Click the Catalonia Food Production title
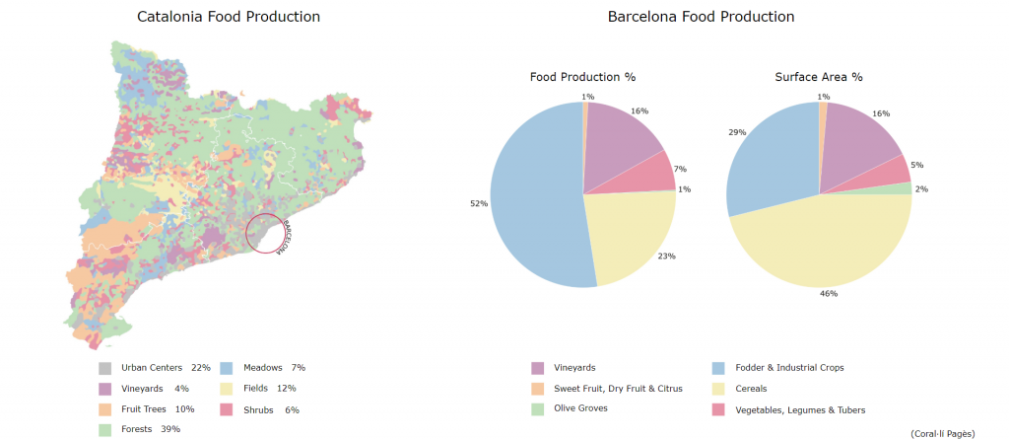pyautogui.click(x=229, y=17)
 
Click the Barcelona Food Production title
pyautogui.click(x=701, y=17)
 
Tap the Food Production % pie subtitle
pyautogui.click(x=582, y=77)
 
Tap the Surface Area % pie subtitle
pyautogui.click(x=819, y=77)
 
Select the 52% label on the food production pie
pyautogui.click(x=479, y=204)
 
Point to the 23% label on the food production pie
pyautogui.click(x=667, y=256)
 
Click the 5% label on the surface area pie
pyautogui.click(x=917, y=165)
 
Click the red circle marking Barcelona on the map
pyautogui.click(x=265, y=233)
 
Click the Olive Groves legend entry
pyautogui.click(x=579, y=407)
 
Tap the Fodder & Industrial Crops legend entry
pyautogui.click(x=789, y=368)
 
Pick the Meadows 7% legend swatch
pyautogui.click(x=226, y=367)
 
